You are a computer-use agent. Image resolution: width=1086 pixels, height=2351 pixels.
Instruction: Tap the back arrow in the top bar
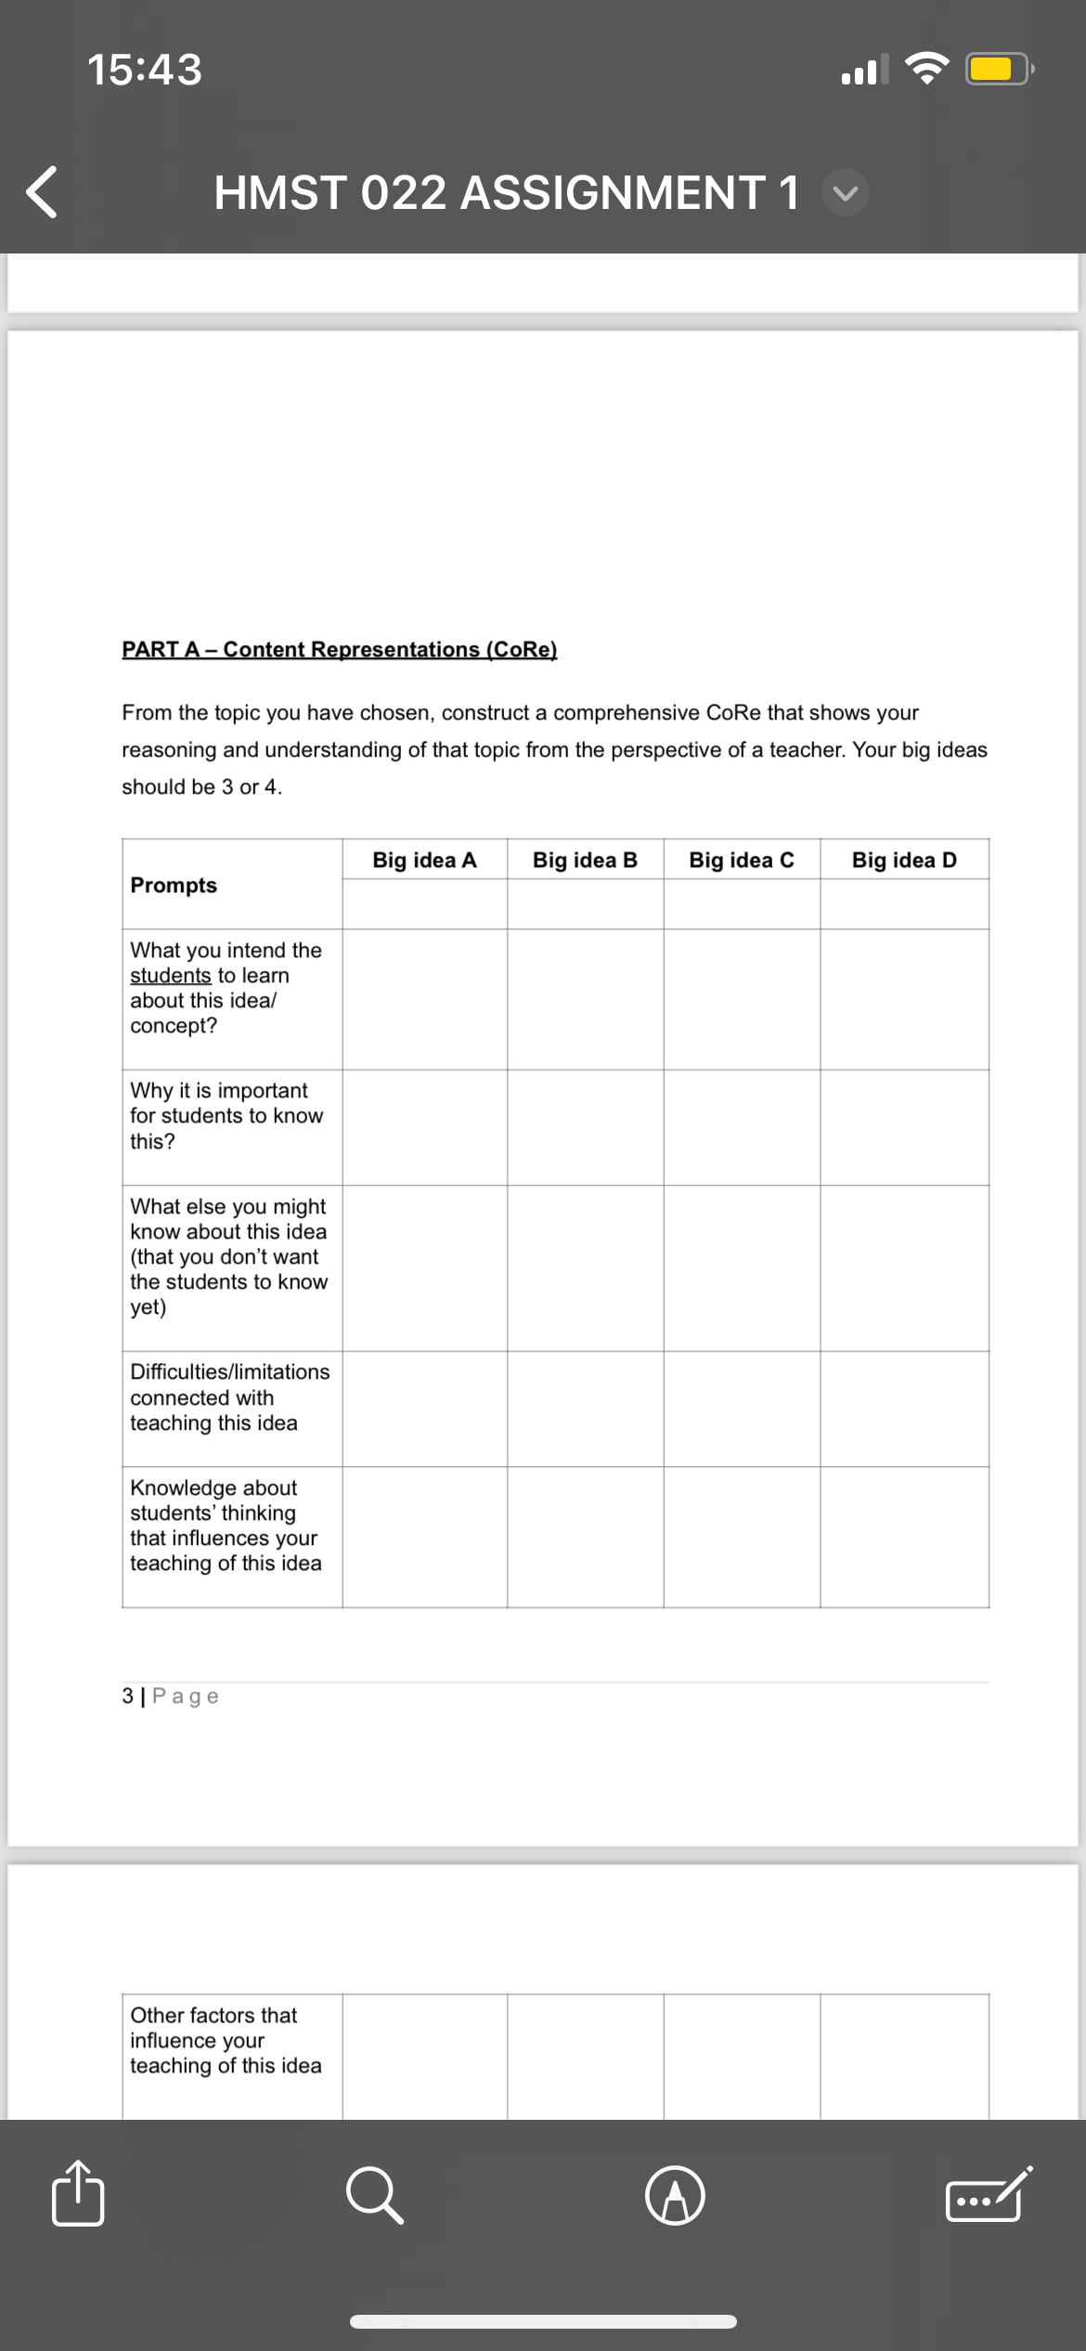42,192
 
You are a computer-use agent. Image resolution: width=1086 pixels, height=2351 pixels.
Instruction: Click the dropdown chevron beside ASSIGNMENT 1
846,193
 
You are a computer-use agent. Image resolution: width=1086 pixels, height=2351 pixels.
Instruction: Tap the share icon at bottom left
78,2195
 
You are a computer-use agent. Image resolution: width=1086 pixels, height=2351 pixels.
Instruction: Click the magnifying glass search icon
375,2196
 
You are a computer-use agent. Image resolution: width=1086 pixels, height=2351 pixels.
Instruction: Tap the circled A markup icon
675,2196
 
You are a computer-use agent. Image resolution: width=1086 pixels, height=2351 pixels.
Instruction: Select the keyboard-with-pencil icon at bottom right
988,2195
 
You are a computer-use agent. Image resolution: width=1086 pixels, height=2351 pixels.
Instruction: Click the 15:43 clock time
145,70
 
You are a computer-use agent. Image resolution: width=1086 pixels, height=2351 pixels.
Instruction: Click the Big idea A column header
424,860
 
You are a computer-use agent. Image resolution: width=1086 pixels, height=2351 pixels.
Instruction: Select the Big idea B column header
585,860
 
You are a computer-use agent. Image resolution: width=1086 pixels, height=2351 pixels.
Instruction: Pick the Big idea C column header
742,860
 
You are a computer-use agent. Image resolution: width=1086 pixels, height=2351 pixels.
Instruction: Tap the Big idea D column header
904,860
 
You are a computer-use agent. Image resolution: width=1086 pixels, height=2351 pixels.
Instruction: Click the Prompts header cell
174,885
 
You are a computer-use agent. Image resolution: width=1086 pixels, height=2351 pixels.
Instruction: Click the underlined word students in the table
171,975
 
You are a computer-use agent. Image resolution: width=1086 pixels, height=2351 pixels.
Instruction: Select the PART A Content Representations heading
340,649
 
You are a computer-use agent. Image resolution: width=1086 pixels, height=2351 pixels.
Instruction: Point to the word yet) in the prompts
149,1307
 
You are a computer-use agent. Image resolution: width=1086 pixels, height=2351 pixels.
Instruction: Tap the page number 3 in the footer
127,1696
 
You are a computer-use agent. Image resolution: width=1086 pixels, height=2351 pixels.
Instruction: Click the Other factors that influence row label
226,2040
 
